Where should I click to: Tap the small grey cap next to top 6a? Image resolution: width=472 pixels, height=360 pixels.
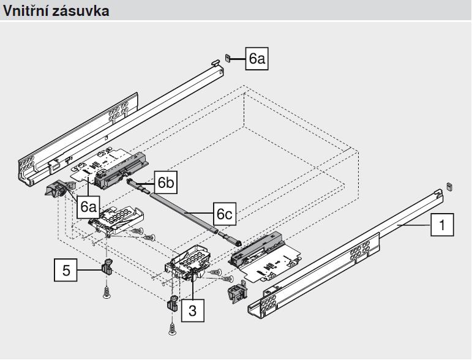coord(227,59)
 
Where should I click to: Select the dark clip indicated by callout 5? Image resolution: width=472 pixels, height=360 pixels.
coord(105,268)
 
